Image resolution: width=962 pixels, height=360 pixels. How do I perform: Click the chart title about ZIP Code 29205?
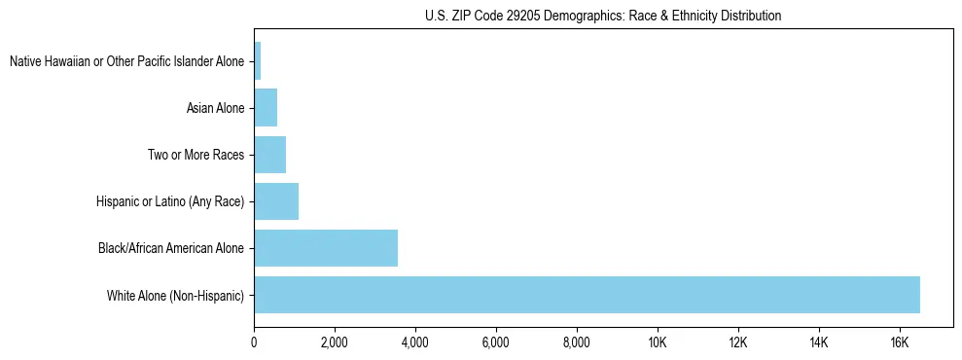[x=603, y=16]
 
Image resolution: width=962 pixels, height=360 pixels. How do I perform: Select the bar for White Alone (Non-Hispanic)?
[x=587, y=295]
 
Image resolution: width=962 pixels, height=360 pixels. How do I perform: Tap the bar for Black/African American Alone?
[x=326, y=248]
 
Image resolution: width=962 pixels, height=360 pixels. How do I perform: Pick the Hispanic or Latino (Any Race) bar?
[x=276, y=201]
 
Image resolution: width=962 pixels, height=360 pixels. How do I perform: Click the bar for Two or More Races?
[x=269, y=155]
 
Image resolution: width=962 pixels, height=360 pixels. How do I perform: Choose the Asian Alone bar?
[x=266, y=108]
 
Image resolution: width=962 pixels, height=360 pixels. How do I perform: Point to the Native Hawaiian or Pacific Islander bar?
[x=258, y=61]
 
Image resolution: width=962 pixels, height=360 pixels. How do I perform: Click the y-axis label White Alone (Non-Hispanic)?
[x=176, y=295]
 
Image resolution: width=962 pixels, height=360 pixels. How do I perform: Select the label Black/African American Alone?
[x=171, y=248]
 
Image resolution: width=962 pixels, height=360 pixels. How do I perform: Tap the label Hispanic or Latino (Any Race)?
[x=170, y=201]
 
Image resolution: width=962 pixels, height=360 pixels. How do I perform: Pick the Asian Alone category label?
[x=216, y=108]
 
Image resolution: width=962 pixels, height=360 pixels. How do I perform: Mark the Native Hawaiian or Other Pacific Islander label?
[x=126, y=61]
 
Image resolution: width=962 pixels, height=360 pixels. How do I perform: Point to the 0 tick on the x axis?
[x=254, y=342]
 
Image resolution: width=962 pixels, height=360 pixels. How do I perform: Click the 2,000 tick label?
[x=335, y=342]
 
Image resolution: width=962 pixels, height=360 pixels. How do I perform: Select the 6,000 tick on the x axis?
[x=496, y=342]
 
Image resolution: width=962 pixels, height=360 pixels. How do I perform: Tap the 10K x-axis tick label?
[x=658, y=342]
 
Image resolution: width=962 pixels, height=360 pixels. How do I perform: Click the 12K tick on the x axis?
[x=738, y=342]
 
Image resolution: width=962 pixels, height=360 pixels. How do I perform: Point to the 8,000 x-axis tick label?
[x=577, y=342]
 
